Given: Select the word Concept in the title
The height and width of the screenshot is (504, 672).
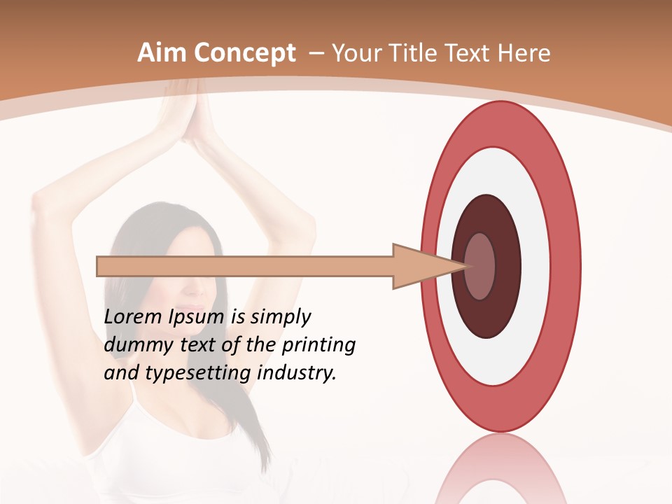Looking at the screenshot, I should click(244, 53).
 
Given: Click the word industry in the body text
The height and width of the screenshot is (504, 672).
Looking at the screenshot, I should click(295, 373).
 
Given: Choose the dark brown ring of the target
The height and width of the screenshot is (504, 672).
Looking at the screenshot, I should click(487, 315).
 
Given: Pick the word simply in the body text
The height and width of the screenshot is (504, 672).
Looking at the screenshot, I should click(281, 318).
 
